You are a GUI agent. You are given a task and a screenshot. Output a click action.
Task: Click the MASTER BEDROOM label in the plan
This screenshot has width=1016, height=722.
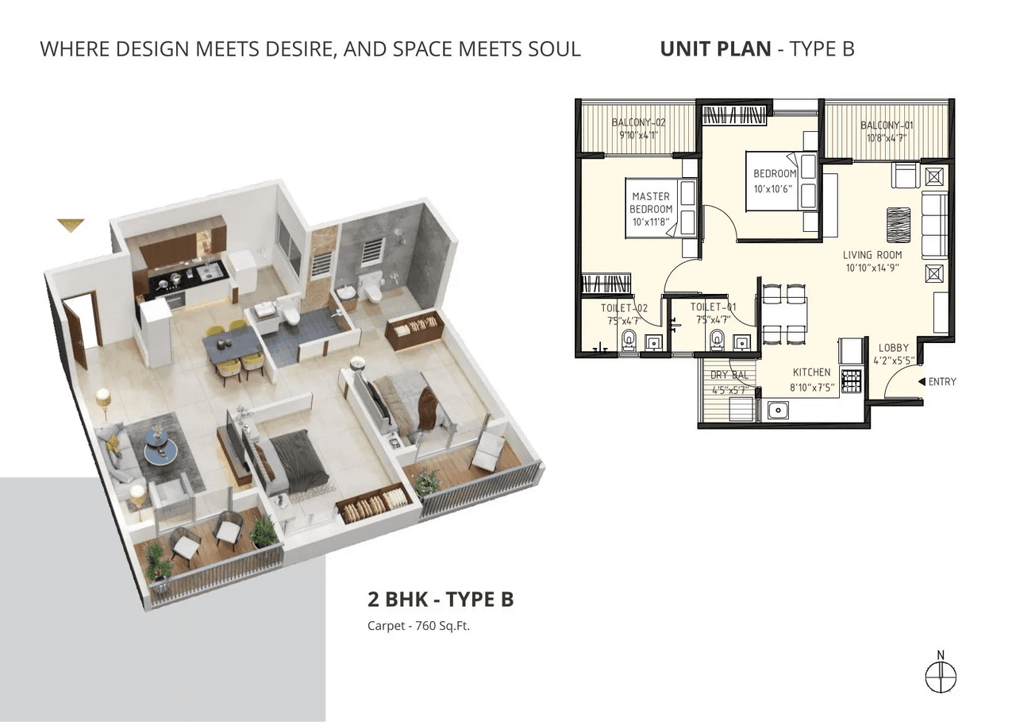click(x=651, y=203)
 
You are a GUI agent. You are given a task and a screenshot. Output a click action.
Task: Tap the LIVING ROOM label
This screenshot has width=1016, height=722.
click(x=872, y=255)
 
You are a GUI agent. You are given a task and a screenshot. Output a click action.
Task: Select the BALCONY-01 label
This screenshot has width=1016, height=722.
click(x=883, y=125)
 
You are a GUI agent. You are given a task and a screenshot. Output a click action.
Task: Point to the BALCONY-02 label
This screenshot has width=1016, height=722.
click(x=637, y=122)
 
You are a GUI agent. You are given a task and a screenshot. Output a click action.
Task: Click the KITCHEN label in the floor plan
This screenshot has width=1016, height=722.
click(x=811, y=372)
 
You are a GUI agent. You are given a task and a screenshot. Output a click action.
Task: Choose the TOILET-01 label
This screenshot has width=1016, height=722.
click(x=712, y=307)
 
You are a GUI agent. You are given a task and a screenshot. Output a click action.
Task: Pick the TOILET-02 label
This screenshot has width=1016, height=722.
click(x=625, y=307)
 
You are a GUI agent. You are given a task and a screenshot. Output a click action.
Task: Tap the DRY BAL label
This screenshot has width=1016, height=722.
click(x=729, y=376)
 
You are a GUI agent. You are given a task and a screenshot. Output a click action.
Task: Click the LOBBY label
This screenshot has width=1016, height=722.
click(x=894, y=348)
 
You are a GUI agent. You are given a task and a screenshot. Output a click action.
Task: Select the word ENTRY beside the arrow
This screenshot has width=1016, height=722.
click(x=942, y=382)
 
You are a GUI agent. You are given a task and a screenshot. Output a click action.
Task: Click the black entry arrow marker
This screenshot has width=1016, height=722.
click(x=922, y=382)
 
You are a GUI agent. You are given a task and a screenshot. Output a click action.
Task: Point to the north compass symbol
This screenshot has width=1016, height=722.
click(x=941, y=677)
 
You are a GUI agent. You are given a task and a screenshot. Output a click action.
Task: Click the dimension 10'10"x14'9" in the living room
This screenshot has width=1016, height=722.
click(x=872, y=268)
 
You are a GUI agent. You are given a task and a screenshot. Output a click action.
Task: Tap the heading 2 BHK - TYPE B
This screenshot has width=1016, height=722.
click(x=440, y=598)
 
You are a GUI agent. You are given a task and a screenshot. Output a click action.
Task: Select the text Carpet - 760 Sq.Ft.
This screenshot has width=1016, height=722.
click(x=418, y=626)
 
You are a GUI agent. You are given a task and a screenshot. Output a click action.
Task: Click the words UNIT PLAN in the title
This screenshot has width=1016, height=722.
click(x=715, y=48)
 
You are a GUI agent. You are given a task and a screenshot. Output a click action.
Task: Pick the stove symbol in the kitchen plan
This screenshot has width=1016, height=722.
click(x=851, y=380)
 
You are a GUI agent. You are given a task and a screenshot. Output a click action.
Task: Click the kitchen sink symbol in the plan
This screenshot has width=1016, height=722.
click(x=777, y=411)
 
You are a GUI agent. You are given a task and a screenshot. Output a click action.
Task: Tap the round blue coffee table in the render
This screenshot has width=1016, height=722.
click(x=162, y=451)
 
